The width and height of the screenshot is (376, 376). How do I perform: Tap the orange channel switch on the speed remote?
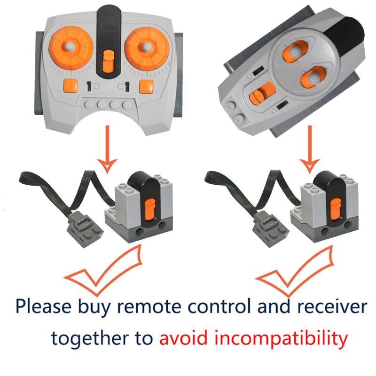108,61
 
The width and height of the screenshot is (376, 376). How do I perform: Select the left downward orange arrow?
109,148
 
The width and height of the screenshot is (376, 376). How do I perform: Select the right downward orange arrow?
310,148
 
